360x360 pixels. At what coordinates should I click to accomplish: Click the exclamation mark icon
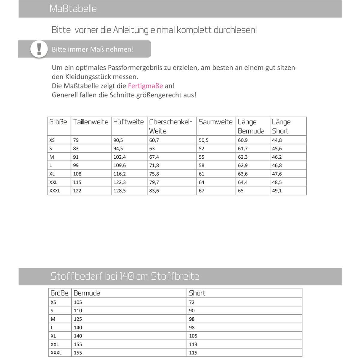[39, 49]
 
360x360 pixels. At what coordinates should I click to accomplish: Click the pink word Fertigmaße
[145, 86]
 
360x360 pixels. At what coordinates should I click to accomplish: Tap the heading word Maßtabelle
[73, 9]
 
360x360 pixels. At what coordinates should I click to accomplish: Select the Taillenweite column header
[91, 122]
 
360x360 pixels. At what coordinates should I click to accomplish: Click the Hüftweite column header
[128, 122]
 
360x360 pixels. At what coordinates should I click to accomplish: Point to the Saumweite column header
[215, 122]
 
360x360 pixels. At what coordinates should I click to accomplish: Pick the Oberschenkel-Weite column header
[170, 126]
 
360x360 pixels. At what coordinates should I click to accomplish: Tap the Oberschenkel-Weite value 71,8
[154, 165]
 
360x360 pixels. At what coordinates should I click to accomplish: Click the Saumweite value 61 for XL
[201, 174]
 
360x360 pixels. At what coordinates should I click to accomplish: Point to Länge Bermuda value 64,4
[243, 182]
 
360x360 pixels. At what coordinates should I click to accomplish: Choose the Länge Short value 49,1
[277, 190]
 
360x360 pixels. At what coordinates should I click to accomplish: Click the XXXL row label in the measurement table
[55, 190]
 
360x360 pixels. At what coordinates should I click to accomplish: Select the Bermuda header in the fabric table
[87, 293]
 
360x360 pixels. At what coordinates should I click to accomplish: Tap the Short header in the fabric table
[197, 293]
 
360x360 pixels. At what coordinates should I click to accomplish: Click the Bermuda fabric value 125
[78, 319]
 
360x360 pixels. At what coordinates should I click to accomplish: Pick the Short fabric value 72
[192, 302]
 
